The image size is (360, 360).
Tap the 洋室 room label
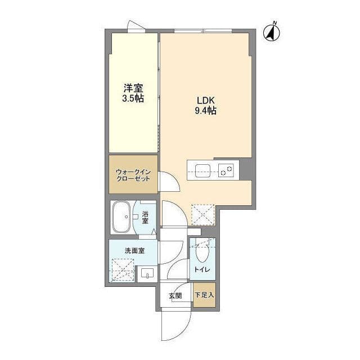coord(133,88)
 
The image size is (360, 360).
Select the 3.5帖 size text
coord(133,98)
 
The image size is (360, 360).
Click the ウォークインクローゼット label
coord(133,174)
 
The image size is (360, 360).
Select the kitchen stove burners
coord(227,169)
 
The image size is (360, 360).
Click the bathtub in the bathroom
coord(121,217)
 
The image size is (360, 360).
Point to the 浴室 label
coord(145,217)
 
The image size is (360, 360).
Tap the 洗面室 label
coord(134,250)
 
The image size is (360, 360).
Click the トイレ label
coord(202,270)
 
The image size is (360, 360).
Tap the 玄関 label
coord(175,295)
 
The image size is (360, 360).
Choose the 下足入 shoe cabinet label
coord(204,295)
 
